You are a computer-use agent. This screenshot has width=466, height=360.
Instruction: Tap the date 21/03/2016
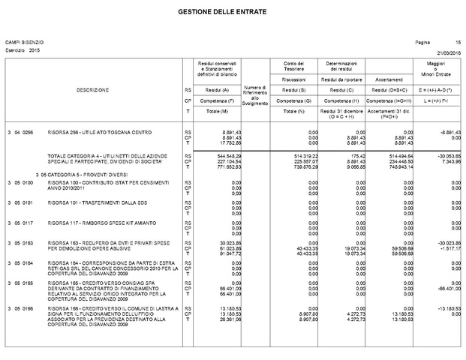tap(448, 52)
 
